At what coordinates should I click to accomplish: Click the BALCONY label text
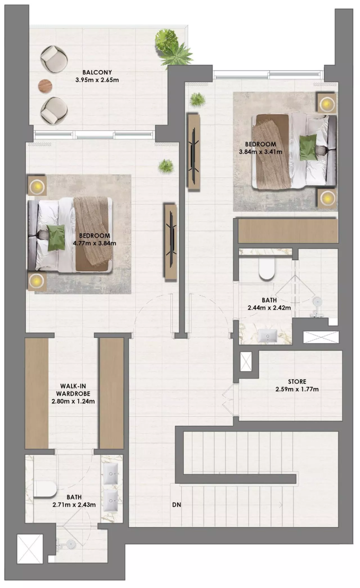[x=97, y=72]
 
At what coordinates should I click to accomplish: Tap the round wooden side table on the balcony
[x=45, y=86]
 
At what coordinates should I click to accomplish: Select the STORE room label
[x=297, y=382]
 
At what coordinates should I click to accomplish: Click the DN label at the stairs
[x=177, y=505]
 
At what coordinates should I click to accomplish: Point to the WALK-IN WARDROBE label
[x=73, y=390]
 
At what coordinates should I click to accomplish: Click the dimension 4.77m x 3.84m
[x=95, y=243]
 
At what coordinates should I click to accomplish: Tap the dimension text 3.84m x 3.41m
[x=261, y=152]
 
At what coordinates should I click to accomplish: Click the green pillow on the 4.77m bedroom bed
[x=56, y=238]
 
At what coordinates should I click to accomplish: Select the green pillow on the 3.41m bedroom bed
[x=308, y=147]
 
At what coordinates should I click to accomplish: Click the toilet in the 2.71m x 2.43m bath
[x=45, y=489]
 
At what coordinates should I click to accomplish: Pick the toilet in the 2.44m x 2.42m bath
[x=267, y=268]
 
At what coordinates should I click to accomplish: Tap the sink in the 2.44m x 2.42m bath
[x=267, y=336]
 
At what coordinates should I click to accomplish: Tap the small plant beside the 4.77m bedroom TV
[x=166, y=166]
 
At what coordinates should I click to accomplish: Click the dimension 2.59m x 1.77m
[x=297, y=389]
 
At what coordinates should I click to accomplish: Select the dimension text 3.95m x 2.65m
[x=97, y=80]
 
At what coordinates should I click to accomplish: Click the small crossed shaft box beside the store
[x=246, y=362]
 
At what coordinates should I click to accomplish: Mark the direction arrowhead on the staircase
[x=281, y=505]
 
